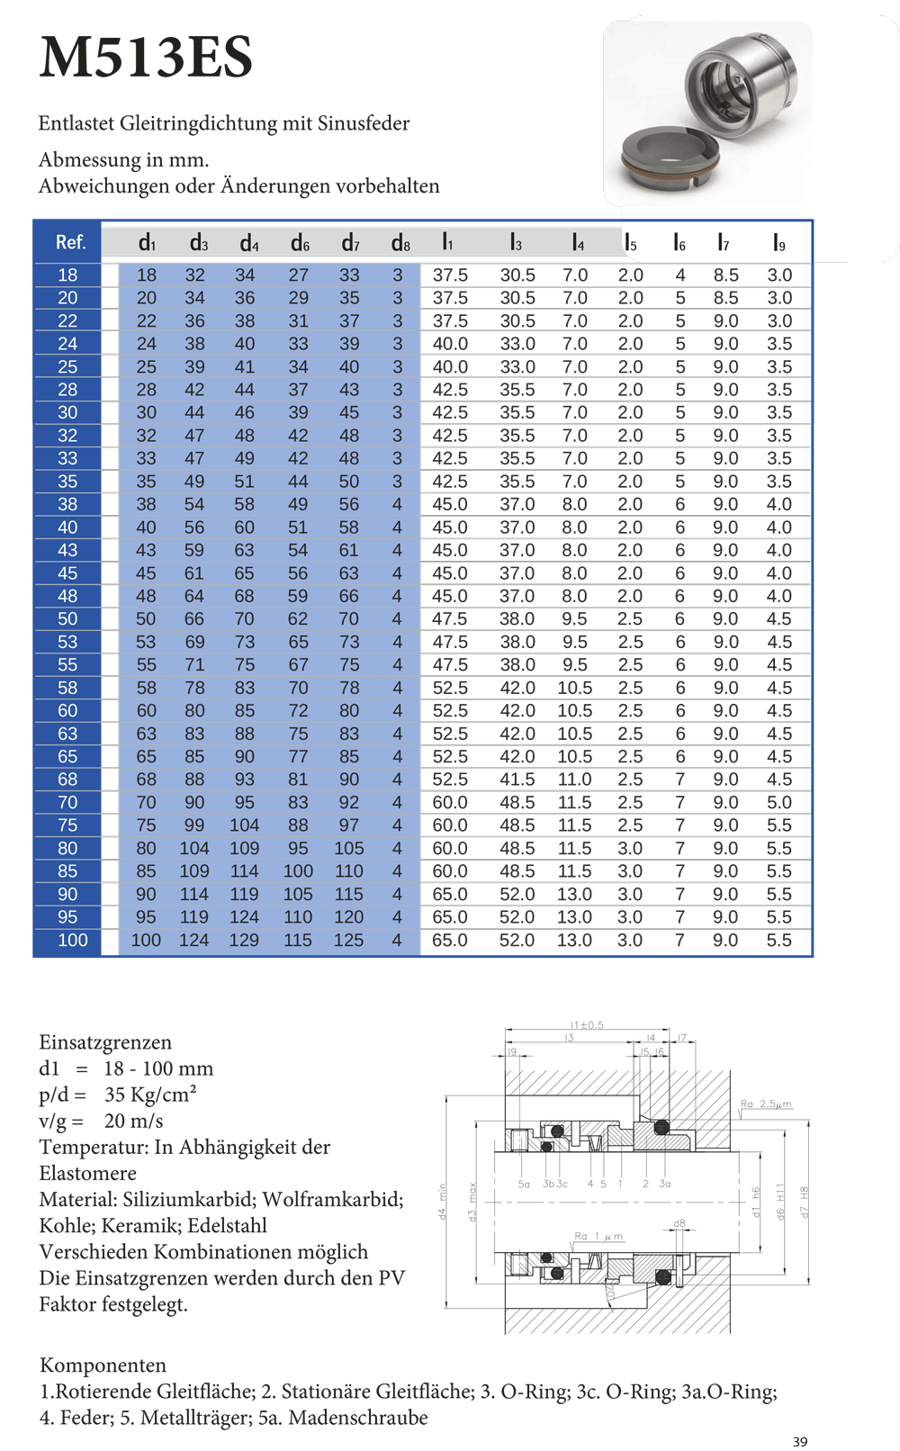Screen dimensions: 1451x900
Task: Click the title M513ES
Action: pos(146,58)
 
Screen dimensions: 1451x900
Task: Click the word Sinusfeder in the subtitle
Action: pos(364,123)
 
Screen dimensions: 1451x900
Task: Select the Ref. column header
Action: pos(70,242)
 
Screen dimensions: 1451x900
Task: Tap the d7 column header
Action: pos(350,243)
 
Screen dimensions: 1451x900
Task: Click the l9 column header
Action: pos(779,243)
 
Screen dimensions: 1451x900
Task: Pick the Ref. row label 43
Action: pos(67,550)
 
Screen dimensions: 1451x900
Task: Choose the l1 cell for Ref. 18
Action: pos(450,275)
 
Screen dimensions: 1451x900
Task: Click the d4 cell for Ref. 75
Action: pos(244,825)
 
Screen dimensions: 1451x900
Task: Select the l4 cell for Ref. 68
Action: pos(574,780)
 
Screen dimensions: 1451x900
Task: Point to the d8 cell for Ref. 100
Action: pos(397,940)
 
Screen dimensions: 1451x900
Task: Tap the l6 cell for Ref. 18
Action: pos(680,275)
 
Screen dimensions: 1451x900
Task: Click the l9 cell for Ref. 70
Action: pos(779,802)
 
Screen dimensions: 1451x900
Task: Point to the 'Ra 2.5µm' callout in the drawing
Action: pos(766,1104)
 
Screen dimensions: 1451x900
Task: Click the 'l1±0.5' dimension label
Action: pos(587,1024)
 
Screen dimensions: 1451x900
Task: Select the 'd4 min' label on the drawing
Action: pos(442,1202)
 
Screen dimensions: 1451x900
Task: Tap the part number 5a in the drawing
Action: pos(524,1184)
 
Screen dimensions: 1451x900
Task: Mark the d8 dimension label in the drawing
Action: pos(679,1223)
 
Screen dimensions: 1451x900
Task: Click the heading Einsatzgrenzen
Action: pos(105,1042)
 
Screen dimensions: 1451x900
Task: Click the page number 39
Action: pos(800,1441)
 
